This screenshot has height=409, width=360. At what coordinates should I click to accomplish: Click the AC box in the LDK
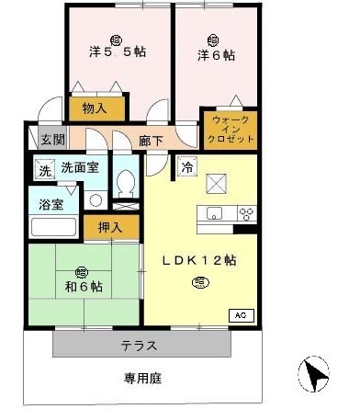coord(242,315)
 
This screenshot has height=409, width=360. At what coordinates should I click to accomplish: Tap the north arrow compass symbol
coord(314,375)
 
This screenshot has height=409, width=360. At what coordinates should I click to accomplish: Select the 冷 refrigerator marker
coord(187,166)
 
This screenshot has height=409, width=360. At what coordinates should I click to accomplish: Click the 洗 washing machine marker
coord(45,170)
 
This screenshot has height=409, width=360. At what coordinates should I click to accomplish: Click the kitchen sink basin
coord(214,212)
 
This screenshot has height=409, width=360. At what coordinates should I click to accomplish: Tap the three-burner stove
coord(247,214)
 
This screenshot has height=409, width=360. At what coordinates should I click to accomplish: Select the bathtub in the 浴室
coord(53,227)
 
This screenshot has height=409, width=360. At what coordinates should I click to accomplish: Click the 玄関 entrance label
coord(53,141)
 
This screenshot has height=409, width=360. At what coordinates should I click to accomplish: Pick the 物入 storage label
coord(95,108)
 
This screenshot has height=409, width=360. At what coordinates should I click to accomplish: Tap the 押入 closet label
coord(110,227)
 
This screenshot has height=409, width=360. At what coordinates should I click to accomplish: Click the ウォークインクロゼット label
coord(231,130)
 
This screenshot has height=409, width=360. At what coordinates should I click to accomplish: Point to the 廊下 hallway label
coord(151,141)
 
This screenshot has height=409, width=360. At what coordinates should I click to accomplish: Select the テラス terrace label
coord(140,347)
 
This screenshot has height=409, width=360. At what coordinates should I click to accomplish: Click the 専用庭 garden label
coord(142,379)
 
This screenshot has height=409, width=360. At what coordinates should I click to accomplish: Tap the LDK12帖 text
coord(199,260)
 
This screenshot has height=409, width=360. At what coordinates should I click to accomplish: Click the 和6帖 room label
coord(84,287)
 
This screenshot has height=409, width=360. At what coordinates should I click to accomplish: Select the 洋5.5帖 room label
coord(118,51)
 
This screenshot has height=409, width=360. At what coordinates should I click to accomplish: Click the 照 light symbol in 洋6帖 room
coord(213,40)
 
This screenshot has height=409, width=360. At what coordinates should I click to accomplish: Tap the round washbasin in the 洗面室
coord(96,200)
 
